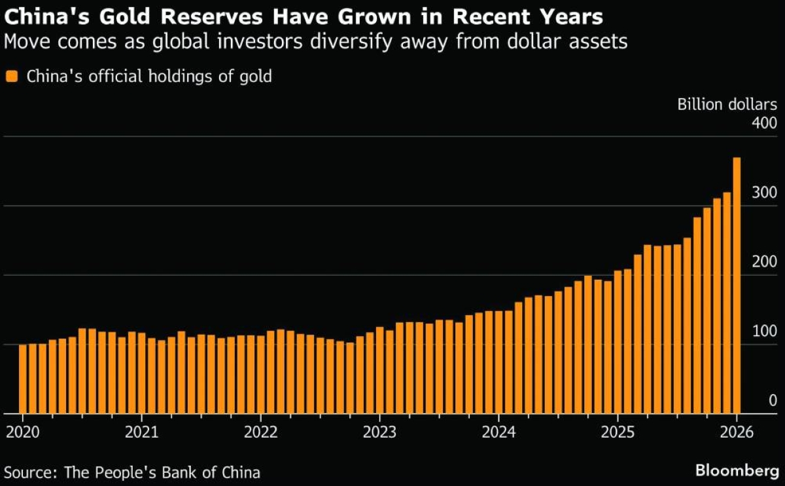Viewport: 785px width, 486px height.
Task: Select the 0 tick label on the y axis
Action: point(773,400)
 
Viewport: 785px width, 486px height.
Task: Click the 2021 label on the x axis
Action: point(141,434)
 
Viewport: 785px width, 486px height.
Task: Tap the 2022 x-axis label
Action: point(260,434)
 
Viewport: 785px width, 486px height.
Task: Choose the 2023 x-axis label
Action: point(379,434)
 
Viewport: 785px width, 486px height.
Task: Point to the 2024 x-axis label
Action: point(498,434)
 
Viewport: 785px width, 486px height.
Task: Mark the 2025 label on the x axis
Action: point(618,434)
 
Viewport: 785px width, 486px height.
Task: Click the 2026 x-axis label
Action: point(737,434)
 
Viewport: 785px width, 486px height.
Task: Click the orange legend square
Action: point(12,77)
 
